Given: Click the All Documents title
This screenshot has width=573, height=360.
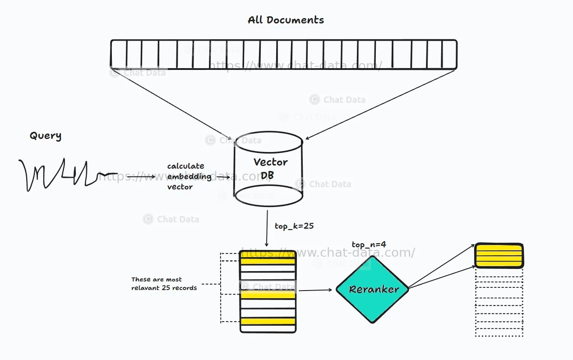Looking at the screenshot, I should pos(286,20).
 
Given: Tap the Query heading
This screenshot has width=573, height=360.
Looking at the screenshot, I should pos(45,136).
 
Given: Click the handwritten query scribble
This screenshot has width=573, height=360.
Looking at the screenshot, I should pos(63,175).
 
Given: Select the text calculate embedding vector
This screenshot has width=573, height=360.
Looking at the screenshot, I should pos(189,176).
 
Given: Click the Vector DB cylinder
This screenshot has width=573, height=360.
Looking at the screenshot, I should pos(269,169).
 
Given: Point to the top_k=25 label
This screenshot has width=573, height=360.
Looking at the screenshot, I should pos(294,226).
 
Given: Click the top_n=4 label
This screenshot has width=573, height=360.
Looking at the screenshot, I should pos(369,245).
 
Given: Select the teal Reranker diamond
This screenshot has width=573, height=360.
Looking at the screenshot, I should pos(372,290).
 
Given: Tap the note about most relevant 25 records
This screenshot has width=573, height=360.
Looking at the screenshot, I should pos(164,284).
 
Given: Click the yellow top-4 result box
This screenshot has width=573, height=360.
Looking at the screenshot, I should pos(499,256).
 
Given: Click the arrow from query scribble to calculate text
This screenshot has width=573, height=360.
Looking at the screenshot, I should pos(135,176).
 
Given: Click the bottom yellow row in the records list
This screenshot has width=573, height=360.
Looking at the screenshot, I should pos(268,322).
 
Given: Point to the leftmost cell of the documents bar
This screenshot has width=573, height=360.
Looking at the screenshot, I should pos(119,55).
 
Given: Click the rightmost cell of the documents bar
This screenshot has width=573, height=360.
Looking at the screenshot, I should pos(449,55).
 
